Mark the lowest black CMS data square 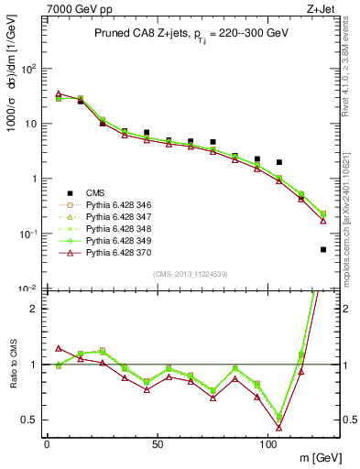pyautogui.click(x=323, y=249)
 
